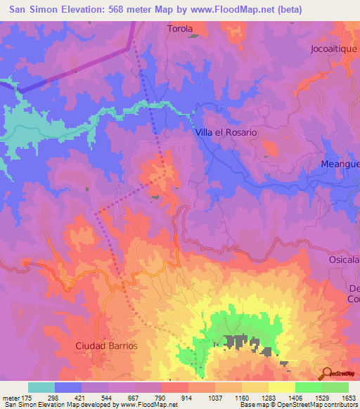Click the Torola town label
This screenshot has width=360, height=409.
point(180,30)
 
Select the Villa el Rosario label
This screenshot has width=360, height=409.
point(225,132)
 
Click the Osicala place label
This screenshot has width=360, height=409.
point(344,259)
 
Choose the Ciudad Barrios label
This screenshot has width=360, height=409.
point(106,346)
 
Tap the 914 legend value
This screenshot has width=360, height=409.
point(188,398)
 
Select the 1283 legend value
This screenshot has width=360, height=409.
point(269,398)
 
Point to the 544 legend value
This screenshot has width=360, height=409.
point(108,398)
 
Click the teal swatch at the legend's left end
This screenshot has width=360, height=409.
point(41,387)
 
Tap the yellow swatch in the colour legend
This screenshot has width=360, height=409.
point(282,387)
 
